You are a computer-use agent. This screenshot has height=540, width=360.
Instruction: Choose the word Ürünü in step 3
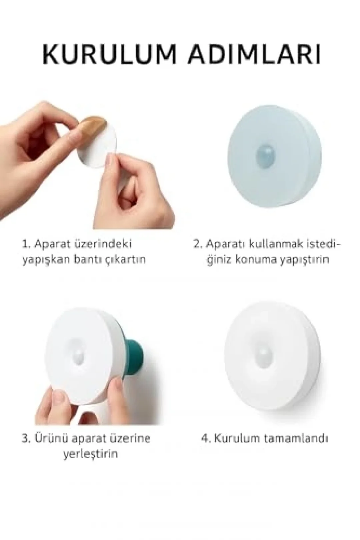coord(52,437)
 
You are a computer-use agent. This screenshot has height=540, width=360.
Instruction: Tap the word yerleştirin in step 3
coord(90,454)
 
